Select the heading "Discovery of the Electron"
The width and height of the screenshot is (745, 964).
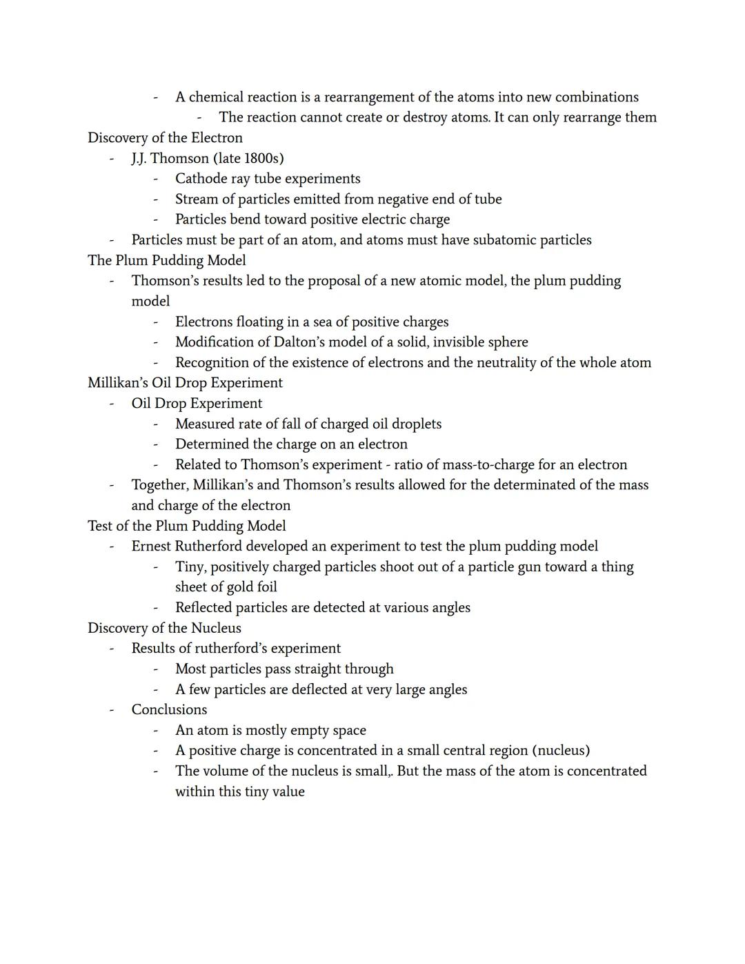coord(165,138)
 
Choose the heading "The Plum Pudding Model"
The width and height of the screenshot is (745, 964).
coord(166,260)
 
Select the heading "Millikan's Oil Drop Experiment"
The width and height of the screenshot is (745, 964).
coord(185,383)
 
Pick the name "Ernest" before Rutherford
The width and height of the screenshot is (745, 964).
coord(151,547)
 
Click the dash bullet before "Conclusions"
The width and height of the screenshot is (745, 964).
coord(111,710)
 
